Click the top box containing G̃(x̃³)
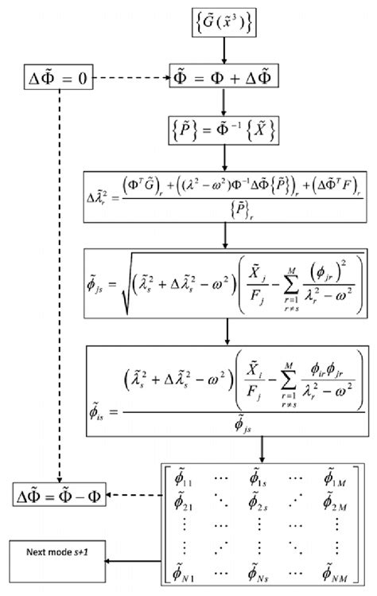click(x=225, y=25)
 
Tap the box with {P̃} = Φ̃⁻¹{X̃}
click(x=225, y=130)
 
